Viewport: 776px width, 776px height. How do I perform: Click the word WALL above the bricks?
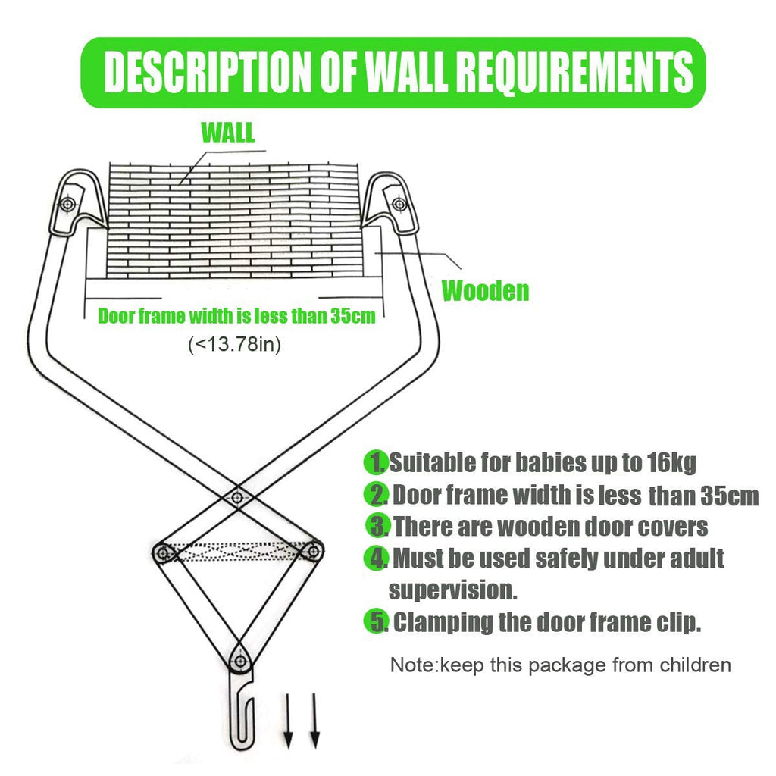228,132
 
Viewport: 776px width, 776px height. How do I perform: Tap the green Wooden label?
485,290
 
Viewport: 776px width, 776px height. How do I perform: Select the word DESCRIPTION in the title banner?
207,72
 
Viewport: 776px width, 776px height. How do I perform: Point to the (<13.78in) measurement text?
235,344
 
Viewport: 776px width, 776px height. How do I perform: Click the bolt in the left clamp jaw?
68,204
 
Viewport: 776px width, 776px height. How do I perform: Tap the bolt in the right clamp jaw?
399,203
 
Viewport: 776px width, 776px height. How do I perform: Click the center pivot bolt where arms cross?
237,497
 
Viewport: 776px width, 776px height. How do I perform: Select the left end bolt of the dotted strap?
163,552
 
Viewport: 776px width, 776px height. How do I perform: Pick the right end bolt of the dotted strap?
313,550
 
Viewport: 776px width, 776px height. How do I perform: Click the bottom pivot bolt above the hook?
240,661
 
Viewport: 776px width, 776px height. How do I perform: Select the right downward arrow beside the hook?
314,721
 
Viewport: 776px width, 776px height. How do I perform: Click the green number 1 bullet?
376,462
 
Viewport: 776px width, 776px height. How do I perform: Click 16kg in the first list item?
671,463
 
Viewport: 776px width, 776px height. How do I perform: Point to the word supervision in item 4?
453,590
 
